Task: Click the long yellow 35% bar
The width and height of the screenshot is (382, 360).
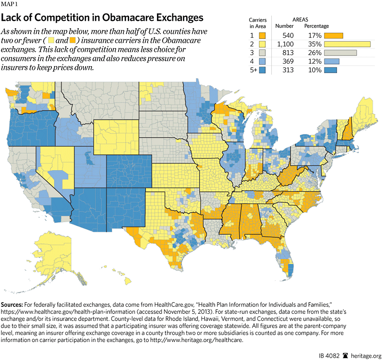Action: point(348,44)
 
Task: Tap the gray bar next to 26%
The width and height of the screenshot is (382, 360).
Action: point(340,53)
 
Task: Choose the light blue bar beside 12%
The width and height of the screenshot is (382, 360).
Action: point(332,62)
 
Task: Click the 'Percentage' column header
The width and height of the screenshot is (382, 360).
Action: point(317,26)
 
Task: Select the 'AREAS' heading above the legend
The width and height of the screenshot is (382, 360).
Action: point(302,19)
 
